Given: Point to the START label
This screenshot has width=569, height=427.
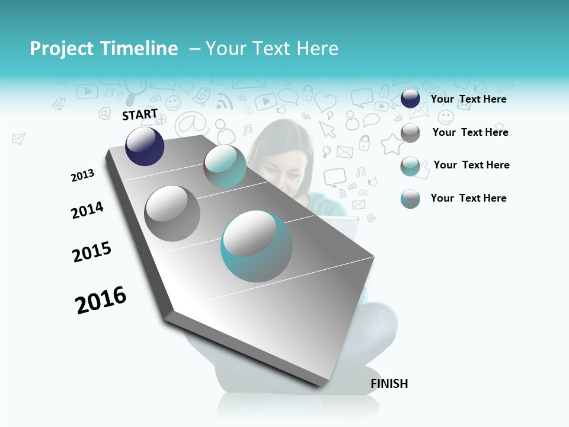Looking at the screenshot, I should point(140,114).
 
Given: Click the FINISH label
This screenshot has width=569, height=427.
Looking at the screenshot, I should point(389,384).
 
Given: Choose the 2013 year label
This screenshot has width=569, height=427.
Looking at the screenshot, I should point(82,176).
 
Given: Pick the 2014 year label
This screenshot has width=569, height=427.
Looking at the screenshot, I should point(87,211).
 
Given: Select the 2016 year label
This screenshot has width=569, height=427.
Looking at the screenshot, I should point(101,300).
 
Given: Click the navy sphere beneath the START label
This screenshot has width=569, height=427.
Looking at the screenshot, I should point(145,146).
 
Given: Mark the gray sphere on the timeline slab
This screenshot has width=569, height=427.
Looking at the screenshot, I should point(172,213).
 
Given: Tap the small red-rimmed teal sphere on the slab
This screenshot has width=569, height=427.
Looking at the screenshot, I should point(225,166).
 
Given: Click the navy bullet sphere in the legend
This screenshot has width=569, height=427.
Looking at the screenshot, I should point(410,99).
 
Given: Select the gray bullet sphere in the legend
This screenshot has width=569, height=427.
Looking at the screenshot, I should point(410,133).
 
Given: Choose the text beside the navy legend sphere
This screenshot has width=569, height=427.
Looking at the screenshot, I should point(468,99).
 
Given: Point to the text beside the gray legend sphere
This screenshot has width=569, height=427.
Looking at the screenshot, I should point(470,132).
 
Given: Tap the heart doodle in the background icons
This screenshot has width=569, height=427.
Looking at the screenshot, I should point(325,102).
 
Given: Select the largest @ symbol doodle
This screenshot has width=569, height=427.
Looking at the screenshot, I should point(190,125).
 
